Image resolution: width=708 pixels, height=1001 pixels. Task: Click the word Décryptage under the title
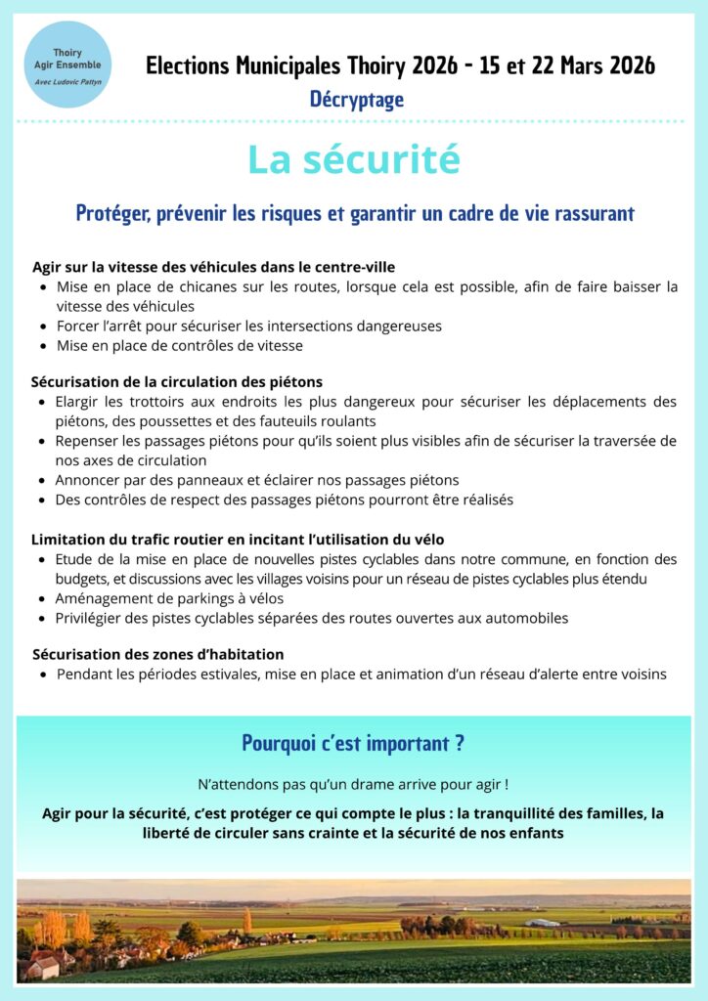pyautogui.click(x=356, y=99)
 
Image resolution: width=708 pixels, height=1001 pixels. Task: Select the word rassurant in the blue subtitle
pyautogui.click(x=589, y=213)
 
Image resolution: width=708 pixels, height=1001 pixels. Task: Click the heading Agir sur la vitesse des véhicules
pyautogui.click(x=213, y=266)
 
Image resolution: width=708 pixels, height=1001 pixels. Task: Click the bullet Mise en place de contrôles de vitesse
pyautogui.click(x=179, y=345)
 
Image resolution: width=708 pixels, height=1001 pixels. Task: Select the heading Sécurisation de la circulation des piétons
pyautogui.click(x=176, y=381)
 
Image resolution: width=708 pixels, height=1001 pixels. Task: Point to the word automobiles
pyautogui.click(x=528, y=618)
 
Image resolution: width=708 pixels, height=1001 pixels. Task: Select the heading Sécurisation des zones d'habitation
pyautogui.click(x=157, y=654)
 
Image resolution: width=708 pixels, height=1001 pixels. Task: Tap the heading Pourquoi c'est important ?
pyautogui.click(x=353, y=744)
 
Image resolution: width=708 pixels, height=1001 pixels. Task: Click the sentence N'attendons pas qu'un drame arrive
pyautogui.click(x=353, y=784)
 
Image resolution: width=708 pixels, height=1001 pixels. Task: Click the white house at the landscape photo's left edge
pyautogui.click(x=42, y=967)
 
